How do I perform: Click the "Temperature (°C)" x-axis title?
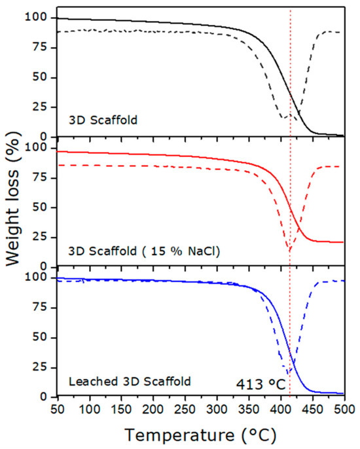(200, 435)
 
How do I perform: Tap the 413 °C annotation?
(261, 384)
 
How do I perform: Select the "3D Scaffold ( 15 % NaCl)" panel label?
(144, 251)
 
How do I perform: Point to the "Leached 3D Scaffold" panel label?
(130, 382)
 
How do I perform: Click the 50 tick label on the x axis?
(58, 410)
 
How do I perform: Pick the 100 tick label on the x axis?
(90, 410)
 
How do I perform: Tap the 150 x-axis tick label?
(122, 410)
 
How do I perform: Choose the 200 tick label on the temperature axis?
(153, 410)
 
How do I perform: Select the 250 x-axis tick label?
(185, 410)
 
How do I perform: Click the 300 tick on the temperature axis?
(217, 410)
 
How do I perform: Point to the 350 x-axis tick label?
(249, 410)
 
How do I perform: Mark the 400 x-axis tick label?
(281, 410)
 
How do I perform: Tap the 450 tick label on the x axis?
(313, 410)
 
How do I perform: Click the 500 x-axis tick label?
(344, 410)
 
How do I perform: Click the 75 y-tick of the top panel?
(40, 47)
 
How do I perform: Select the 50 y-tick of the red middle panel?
(40, 207)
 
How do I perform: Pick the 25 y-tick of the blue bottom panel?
(40, 367)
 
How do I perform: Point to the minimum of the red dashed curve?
(290, 250)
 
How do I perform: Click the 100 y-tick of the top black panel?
(37, 17)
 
